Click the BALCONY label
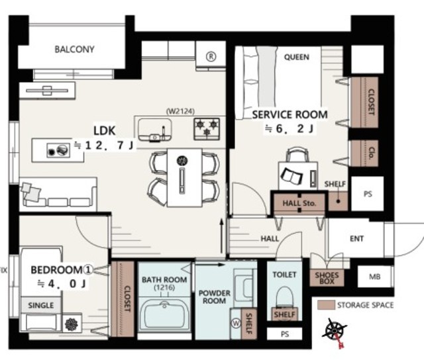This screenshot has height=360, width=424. coord(74,50)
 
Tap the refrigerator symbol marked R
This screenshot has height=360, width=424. coord(211,56)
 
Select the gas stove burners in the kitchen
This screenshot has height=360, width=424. coord(207,129)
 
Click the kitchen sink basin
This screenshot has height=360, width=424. coord(155,130)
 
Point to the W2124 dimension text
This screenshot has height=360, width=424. coord(180,111)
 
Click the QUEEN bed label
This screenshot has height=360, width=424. coord(296,57)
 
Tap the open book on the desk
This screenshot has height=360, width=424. coord(291,175)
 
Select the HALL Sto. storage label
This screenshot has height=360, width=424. coord(299,203)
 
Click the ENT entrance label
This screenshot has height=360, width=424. coord(356,238)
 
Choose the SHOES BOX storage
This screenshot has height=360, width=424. coord(327,278)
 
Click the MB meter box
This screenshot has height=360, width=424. coord(374,277)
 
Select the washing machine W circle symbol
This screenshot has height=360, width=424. coord(237,323)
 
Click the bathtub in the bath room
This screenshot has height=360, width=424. coord(164,315)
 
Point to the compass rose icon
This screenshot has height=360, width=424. coord(334,331)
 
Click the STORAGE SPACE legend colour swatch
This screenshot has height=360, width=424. coord(326,305)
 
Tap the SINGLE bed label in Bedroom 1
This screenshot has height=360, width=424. coord(41,306)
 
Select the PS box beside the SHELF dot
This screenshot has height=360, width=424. coord(368,194)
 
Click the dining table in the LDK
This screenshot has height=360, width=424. coord(184,177)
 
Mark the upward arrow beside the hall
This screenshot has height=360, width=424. coord(221,236)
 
